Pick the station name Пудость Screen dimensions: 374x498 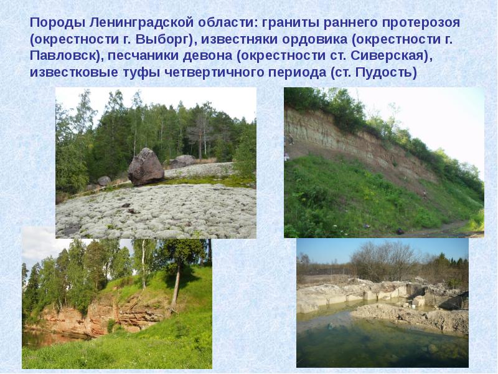[x=383, y=72]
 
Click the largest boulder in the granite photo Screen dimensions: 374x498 [x=146, y=166]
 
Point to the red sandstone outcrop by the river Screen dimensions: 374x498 [x=93, y=318]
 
